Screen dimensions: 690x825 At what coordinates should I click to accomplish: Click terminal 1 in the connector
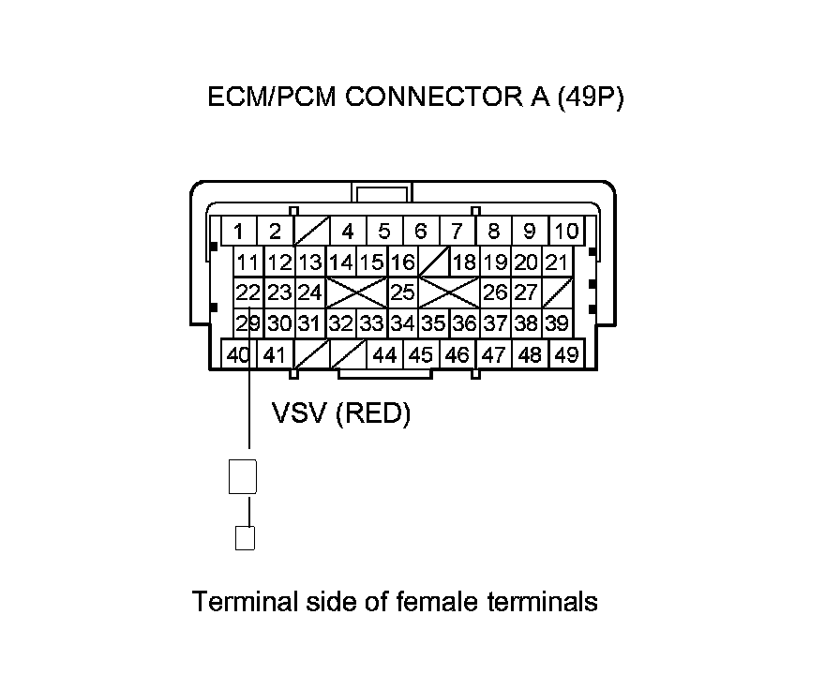[x=239, y=231]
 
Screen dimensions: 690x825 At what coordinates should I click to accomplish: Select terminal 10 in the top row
[x=565, y=231]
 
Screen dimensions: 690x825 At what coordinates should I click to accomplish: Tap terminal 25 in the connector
[x=402, y=292]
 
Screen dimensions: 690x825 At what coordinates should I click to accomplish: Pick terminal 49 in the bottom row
[x=565, y=355]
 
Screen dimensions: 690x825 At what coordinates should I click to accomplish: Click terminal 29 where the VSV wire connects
[x=247, y=324]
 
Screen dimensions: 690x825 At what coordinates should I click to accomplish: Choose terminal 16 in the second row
[x=402, y=262]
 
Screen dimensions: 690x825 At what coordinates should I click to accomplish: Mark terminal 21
[x=556, y=262]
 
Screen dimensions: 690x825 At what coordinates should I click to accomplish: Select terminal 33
[x=371, y=324]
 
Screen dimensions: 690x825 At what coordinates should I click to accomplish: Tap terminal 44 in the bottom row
[x=384, y=355]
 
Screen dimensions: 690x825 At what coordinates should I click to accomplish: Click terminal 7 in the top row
[x=457, y=231]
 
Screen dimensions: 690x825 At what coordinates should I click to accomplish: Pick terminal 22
[x=247, y=292]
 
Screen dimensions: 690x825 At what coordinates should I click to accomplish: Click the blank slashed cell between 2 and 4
[x=310, y=231]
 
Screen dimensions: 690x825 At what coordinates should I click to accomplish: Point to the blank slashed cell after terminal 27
[x=556, y=292]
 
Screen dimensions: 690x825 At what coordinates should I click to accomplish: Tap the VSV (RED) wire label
[x=341, y=413]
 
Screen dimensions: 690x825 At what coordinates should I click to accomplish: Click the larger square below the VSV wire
[x=243, y=477]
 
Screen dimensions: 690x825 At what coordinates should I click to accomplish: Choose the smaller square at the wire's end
[x=244, y=538]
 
